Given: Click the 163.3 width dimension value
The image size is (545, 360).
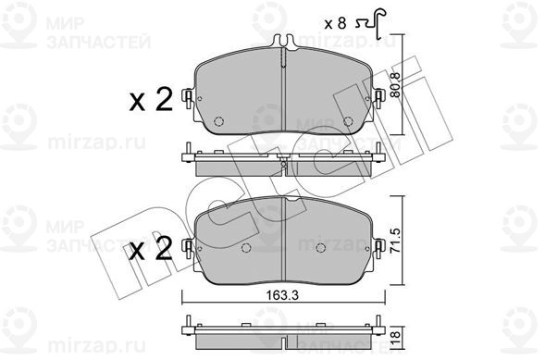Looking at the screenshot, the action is (282, 295).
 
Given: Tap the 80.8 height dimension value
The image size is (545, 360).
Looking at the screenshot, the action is (396, 84).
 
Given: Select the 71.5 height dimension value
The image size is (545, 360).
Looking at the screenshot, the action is (397, 240).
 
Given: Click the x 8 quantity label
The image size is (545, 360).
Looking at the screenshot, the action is (335, 24).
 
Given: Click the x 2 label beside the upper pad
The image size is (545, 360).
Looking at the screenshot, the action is (151, 100).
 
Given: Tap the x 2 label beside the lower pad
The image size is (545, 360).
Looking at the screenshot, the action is (151, 249).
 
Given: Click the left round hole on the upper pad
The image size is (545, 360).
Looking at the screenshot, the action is (218, 121).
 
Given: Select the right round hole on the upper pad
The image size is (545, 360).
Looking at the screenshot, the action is (348, 121).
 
